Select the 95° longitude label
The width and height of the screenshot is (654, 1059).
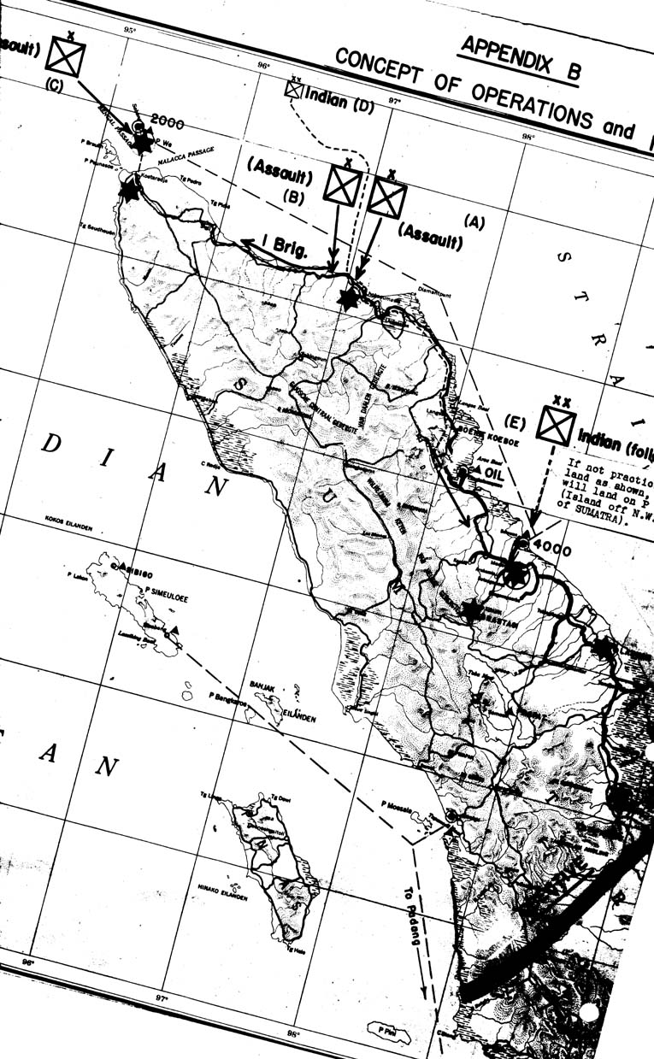coord(129,31)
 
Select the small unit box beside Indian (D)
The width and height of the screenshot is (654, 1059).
coord(294,89)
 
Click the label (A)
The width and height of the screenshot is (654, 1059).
coord(474,221)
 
